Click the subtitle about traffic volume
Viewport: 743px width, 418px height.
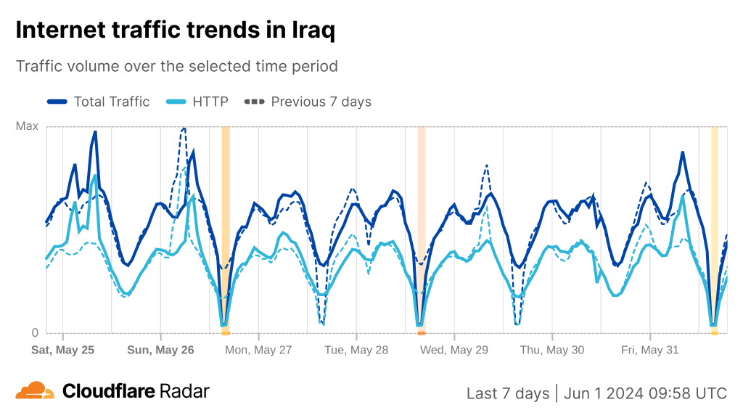click(177, 66)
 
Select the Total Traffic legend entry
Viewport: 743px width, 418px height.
click(99, 102)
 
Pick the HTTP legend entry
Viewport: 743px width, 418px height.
click(198, 102)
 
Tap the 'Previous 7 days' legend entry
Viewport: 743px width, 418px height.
click(308, 102)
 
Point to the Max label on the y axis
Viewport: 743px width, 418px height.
click(27, 126)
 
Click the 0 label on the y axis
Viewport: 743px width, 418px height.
click(34, 333)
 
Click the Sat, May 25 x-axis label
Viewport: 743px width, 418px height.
click(63, 350)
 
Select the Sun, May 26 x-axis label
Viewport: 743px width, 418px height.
click(160, 350)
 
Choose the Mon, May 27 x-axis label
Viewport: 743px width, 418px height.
click(258, 350)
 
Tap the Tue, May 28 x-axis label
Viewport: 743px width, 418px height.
click(356, 350)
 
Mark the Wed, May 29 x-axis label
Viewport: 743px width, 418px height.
click(454, 350)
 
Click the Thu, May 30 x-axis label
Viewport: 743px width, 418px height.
click(552, 350)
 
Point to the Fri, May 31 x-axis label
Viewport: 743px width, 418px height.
click(650, 350)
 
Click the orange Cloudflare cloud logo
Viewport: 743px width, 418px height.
click(35, 390)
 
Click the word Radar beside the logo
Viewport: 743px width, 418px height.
click(184, 391)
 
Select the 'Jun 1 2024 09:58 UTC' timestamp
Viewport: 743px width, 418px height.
click(645, 393)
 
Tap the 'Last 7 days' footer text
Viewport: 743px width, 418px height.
click(508, 393)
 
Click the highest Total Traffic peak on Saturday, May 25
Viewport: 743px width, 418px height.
click(95, 132)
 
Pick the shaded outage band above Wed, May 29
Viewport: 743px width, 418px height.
click(422, 225)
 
